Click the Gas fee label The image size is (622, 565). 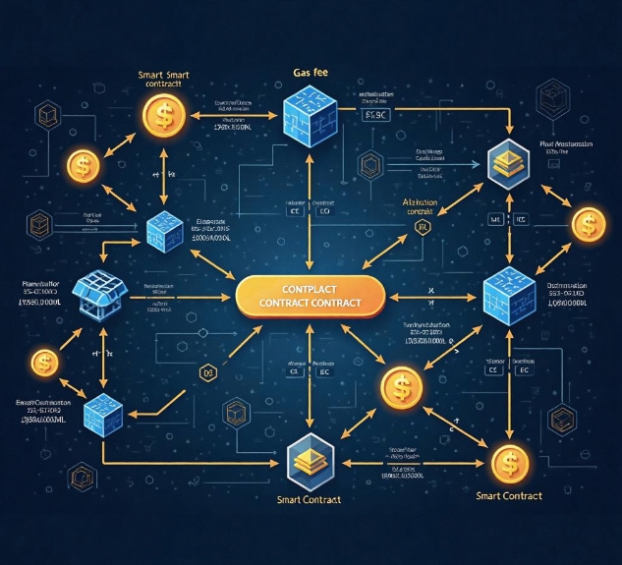[x=311, y=72]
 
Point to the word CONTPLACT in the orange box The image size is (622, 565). [x=309, y=289]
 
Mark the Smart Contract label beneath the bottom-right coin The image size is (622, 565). [x=509, y=495]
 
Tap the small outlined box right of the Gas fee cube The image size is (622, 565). [x=377, y=115]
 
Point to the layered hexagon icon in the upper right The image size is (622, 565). [x=507, y=162]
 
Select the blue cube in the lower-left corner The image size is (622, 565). [x=102, y=413]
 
